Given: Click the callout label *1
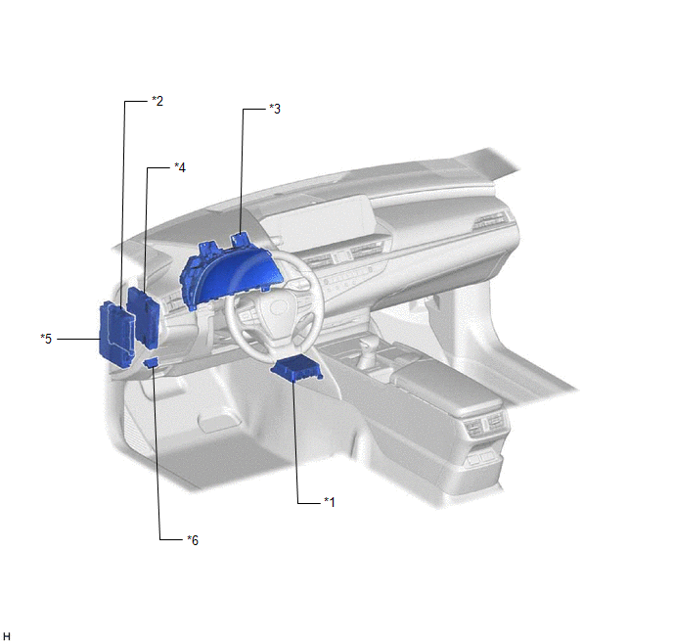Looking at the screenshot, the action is coord(330,501).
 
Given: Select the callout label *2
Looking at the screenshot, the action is coord(157,101).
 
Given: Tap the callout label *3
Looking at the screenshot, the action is coord(275,109).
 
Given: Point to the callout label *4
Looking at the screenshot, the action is coord(180,167).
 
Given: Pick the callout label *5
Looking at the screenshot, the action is coord(46,339).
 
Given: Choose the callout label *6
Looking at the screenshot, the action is coord(193,539).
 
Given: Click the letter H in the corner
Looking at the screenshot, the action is coord(7,637).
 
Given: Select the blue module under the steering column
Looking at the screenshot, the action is coord(297,367).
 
